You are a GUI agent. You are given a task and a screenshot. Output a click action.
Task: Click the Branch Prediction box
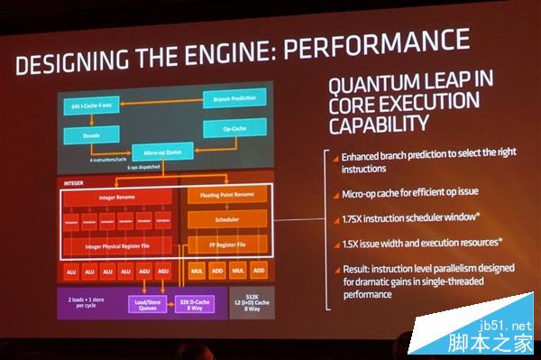tap(234, 96)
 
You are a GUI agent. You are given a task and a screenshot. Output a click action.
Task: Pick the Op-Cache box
tap(236, 129)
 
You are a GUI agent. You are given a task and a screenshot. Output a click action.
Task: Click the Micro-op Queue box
tap(164, 154)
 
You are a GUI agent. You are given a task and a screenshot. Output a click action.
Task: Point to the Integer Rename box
tap(122, 197)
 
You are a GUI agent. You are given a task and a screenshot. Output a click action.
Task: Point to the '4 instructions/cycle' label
tap(111, 159)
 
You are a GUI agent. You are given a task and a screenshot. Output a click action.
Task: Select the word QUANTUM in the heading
tap(370, 85)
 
